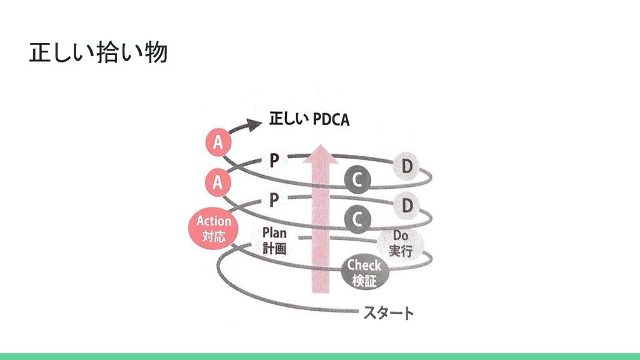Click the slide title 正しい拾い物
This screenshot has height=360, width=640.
pos(99,54)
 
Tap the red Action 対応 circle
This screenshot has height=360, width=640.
pos(214,228)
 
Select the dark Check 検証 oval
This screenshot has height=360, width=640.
pos(364,273)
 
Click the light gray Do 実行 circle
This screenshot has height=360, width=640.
pos(400,244)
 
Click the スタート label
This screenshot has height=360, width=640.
pos(388,312)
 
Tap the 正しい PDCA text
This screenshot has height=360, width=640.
pos(309,120)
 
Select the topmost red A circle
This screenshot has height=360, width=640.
pos(217,143)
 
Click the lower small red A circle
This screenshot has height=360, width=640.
pos(217,182)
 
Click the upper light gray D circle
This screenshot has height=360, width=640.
pos(407,167)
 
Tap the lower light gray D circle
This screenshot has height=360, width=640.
pos(407,205)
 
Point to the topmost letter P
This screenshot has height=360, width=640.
pos(274,161)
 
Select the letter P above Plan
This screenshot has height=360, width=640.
pos(274,200)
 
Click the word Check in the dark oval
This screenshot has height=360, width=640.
pos(364,266)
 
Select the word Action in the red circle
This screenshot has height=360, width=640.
pos(214,221)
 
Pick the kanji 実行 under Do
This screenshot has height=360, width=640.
pos(400,251)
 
